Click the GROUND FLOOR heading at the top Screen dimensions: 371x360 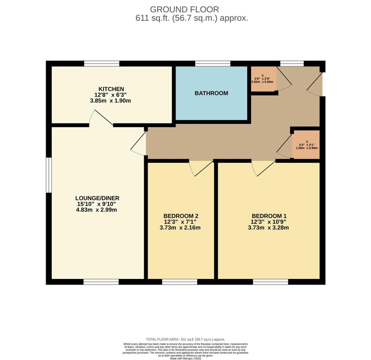click(184, 9)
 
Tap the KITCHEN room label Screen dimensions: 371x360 click(111, 89)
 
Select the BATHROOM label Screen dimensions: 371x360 click(211, 93)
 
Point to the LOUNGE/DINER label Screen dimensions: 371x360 click(97, 198)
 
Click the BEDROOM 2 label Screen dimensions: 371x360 click(181, 216)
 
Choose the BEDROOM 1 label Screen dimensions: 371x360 click(269, 216)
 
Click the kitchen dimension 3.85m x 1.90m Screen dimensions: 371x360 click(111, 101)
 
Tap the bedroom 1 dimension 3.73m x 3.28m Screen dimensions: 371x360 click(268, 228)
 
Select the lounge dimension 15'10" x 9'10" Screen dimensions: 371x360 click(96, 204)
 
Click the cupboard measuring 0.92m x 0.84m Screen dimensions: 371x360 click(264, 79)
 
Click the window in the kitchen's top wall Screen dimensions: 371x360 click(102, 64)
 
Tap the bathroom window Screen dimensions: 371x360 click(213, 64)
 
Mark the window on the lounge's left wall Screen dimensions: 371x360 click(49, 175)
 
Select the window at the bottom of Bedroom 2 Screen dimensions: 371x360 click(179, 282)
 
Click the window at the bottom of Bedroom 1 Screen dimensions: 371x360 click(270, 282)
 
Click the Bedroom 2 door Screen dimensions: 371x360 click(201, 168)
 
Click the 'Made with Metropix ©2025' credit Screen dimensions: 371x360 click(185, 358)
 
